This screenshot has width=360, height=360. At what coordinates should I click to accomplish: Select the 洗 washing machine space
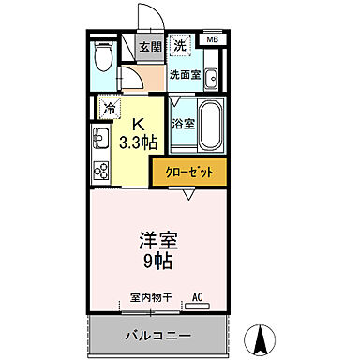point(179,45)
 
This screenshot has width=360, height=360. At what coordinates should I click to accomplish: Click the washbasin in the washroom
point(211,78)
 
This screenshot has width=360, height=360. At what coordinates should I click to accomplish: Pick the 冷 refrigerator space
point(109,107)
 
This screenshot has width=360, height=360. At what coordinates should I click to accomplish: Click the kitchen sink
point(100,140)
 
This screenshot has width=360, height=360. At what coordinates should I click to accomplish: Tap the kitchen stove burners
point(100,171)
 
